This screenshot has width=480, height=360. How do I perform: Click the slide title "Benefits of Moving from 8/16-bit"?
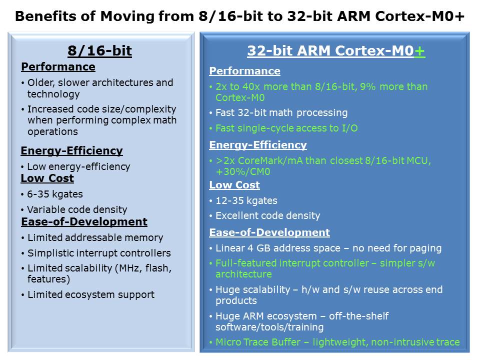tap(103, 16)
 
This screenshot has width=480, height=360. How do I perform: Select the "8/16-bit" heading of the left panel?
tap(100, 50)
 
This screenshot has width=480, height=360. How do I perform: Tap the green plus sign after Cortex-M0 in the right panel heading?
tap(419, 51)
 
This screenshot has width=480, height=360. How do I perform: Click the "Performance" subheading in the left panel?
tap(58, 66)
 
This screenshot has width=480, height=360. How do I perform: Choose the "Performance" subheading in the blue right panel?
tap(244, 71)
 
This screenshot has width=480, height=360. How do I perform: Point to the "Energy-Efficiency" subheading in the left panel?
tap(71, 150)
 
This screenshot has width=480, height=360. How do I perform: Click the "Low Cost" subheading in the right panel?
tap(234, 185)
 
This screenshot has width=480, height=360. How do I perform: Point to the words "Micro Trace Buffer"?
tap(258, 342)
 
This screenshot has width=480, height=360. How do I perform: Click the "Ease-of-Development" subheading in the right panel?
tap(269, 232)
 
